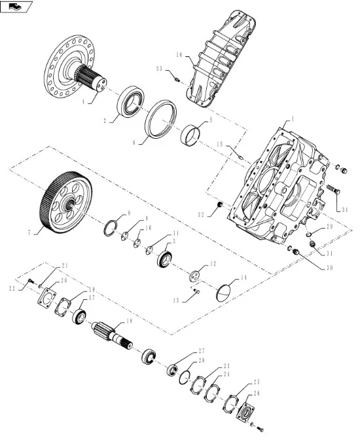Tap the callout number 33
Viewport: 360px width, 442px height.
[160, 69]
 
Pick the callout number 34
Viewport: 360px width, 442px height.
[345, 209]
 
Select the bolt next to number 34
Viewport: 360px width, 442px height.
[336, 191]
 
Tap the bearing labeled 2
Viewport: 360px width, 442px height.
[132, 101]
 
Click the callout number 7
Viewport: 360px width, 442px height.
[29, 232]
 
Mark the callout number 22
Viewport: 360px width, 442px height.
[12, 288]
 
